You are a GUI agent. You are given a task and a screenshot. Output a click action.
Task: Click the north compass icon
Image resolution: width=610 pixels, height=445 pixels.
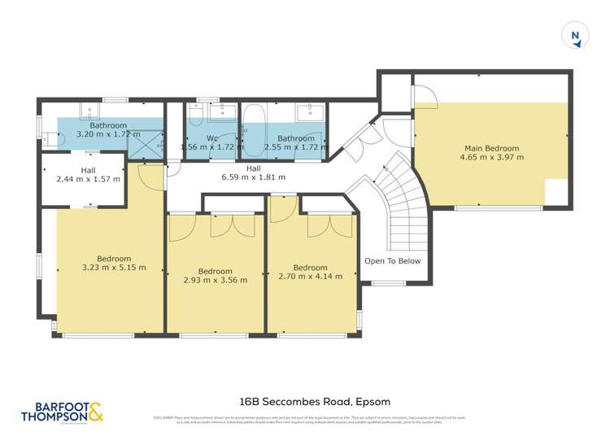coord(575,35)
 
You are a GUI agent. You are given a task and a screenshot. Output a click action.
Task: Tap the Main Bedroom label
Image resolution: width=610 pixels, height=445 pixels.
coord(491,148)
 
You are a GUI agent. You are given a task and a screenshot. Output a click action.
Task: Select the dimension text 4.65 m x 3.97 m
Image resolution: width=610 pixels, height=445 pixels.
coord(491,158)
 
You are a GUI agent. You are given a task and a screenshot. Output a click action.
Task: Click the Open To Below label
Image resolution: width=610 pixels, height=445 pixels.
coord(392,261)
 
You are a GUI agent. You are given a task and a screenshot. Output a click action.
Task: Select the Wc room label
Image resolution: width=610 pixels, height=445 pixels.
coord(211,138)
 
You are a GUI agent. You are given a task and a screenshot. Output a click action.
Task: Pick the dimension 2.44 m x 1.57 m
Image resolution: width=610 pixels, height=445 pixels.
coord(89,178)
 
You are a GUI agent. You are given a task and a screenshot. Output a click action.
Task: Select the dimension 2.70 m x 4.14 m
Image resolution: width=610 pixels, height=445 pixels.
coord(310,277)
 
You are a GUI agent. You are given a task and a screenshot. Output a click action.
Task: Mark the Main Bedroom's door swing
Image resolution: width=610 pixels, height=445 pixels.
coord(425,98)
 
